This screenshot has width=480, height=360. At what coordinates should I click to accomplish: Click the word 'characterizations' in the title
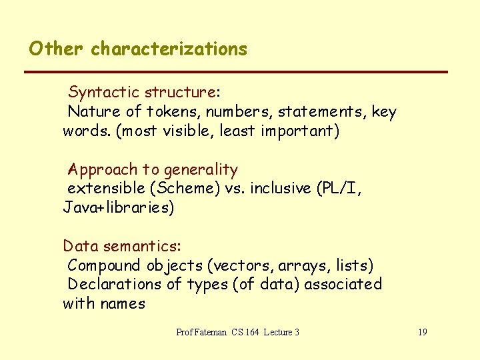[169, 49]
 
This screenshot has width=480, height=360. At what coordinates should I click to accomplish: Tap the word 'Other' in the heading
[56, 49]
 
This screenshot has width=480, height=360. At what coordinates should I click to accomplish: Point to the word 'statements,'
[322, 111]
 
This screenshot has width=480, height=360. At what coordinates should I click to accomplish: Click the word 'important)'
[300, 131]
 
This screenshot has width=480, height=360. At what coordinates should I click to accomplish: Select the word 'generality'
[200, 169]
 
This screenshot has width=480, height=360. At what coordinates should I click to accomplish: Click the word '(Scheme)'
[178, 189]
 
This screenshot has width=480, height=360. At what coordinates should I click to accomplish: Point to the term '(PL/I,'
[339, 189]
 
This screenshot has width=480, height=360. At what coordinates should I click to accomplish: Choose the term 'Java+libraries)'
[119, 208]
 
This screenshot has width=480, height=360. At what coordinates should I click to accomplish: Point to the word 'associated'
[347, 285]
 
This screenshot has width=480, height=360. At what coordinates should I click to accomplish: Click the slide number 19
[423, 332]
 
